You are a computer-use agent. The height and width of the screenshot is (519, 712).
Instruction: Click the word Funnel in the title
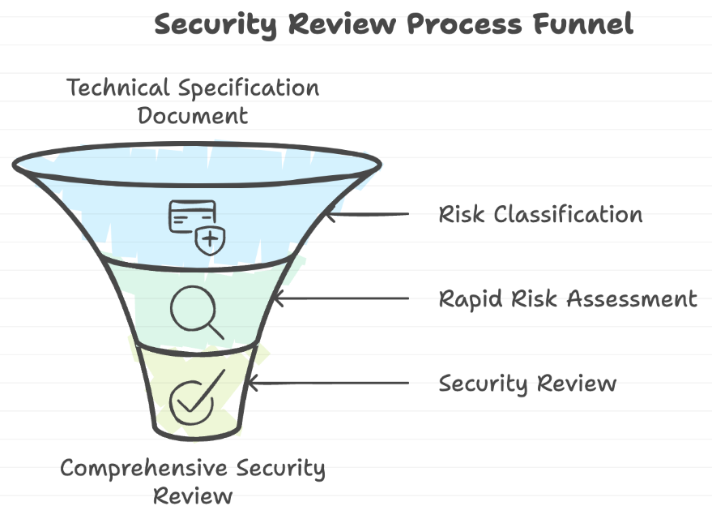[582, 24]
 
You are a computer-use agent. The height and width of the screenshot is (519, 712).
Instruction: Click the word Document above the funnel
[192, 115]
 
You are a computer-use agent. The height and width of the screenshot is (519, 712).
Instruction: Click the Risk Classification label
[540, 215]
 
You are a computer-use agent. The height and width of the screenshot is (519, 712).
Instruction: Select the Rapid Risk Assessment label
[567, 298]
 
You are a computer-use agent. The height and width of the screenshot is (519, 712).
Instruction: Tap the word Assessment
[631, 298]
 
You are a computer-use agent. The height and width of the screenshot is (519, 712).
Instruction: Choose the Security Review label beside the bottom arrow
[527, 383]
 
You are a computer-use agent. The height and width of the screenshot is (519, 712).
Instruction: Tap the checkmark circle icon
[193, 397]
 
